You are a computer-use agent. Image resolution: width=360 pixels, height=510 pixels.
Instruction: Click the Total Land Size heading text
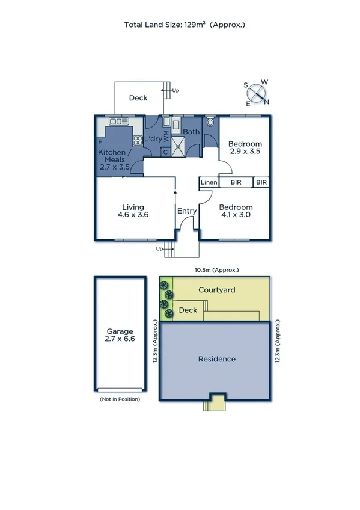tap(185, 25)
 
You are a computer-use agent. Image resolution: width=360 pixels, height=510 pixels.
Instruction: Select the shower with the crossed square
tap(178, 145)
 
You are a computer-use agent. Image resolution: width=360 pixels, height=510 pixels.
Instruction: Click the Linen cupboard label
tap(209, 182)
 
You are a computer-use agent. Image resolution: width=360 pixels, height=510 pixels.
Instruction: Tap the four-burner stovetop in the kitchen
tap(137, 141)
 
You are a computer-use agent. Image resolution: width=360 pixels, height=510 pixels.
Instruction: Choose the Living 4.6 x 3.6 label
tap(132, 211)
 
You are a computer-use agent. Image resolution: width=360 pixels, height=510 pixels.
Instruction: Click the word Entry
tap(186, 211)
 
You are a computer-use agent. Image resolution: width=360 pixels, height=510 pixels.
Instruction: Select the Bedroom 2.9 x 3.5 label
tap(245, 147)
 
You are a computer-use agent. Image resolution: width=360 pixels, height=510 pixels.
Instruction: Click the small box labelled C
tap(165, 152)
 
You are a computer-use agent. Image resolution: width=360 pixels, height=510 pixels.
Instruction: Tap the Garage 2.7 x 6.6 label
tap(120, 335)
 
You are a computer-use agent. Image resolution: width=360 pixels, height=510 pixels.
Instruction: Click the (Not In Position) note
tap(120, 399)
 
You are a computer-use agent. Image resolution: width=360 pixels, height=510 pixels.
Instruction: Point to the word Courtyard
tap(216, 290)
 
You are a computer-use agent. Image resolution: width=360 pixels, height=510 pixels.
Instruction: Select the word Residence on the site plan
tap(216, 359)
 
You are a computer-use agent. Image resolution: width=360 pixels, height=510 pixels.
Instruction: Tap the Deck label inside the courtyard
tap(188, 310)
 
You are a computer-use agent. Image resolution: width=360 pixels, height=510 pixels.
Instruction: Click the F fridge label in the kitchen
tap(100, 142)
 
